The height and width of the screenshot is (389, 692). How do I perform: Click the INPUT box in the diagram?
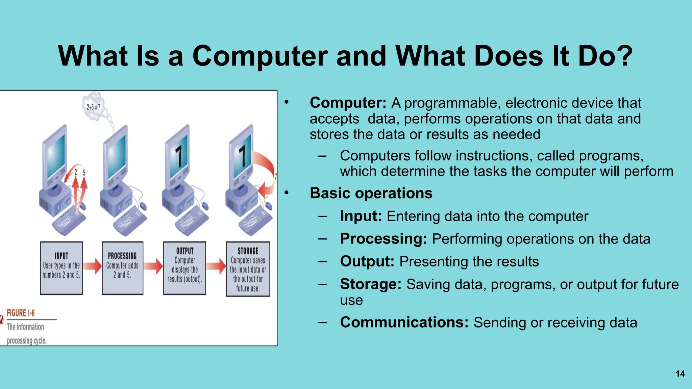coord(61,268)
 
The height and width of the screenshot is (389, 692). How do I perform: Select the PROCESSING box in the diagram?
coord(122,268)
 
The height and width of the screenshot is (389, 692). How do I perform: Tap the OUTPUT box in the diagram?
coord(184,268)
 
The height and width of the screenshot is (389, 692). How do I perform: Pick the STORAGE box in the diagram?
coord(248,269)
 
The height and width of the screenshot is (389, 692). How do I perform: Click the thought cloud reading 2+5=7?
coord(93,107)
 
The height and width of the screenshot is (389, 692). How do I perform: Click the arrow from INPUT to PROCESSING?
coord(92,266)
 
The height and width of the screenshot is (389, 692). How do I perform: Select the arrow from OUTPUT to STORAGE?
coord(216,266)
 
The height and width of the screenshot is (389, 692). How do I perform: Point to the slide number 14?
coord(680,374)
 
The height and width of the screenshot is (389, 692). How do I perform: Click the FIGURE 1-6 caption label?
coord(21,313)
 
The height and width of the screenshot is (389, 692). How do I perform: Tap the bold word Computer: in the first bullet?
coord(348,103)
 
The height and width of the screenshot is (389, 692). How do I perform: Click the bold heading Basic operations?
coord(371,193)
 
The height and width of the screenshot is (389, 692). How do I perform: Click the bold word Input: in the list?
coord(361,216)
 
